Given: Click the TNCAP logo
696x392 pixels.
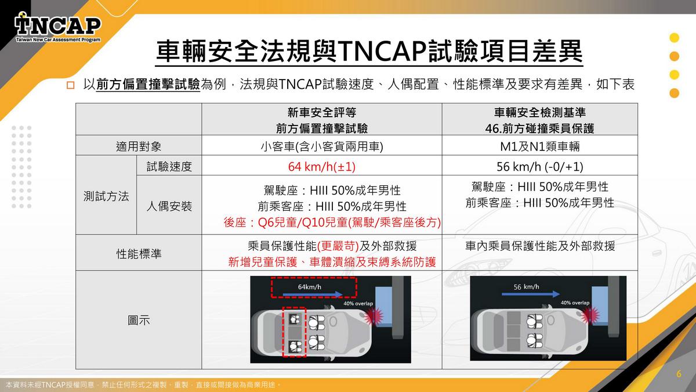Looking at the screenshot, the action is (x=58, y=28).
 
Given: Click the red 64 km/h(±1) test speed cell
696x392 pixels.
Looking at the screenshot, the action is (x=321, y=167).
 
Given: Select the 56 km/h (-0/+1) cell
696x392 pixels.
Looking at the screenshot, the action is (x=540, y=167).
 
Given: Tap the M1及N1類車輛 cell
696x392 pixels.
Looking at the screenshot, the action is (x=540, y=146).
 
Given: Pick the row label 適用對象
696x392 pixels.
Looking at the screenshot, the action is (x=139, y=146).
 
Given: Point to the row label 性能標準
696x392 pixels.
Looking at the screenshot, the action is (x=139, y=254).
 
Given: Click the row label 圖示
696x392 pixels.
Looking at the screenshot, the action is (x=139, y=320).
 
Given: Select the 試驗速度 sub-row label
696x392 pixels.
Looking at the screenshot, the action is (x=169, y=167).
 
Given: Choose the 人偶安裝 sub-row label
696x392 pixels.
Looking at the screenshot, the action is (x=169, y=206).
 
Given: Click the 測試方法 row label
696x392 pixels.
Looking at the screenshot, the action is (x=106, y=196).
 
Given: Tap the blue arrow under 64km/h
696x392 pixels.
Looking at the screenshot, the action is (x=313, y=294).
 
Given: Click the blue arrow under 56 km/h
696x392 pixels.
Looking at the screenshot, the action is (x=531, y=294).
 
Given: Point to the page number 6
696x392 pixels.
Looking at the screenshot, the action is (x=679, y=373).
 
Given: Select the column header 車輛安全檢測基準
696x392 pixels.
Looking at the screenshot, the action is (x=540, y=112).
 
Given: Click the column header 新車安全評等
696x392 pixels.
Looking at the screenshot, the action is (x=321, y=112).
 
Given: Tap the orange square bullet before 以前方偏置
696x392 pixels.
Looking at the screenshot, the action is (x=71, y=85).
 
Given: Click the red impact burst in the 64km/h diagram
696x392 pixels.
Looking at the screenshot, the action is (x=373, y=317).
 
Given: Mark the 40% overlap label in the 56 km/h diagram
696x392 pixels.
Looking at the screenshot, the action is (x=575, y=303).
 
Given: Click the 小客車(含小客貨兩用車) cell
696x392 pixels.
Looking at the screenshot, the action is (x=321, y=146).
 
